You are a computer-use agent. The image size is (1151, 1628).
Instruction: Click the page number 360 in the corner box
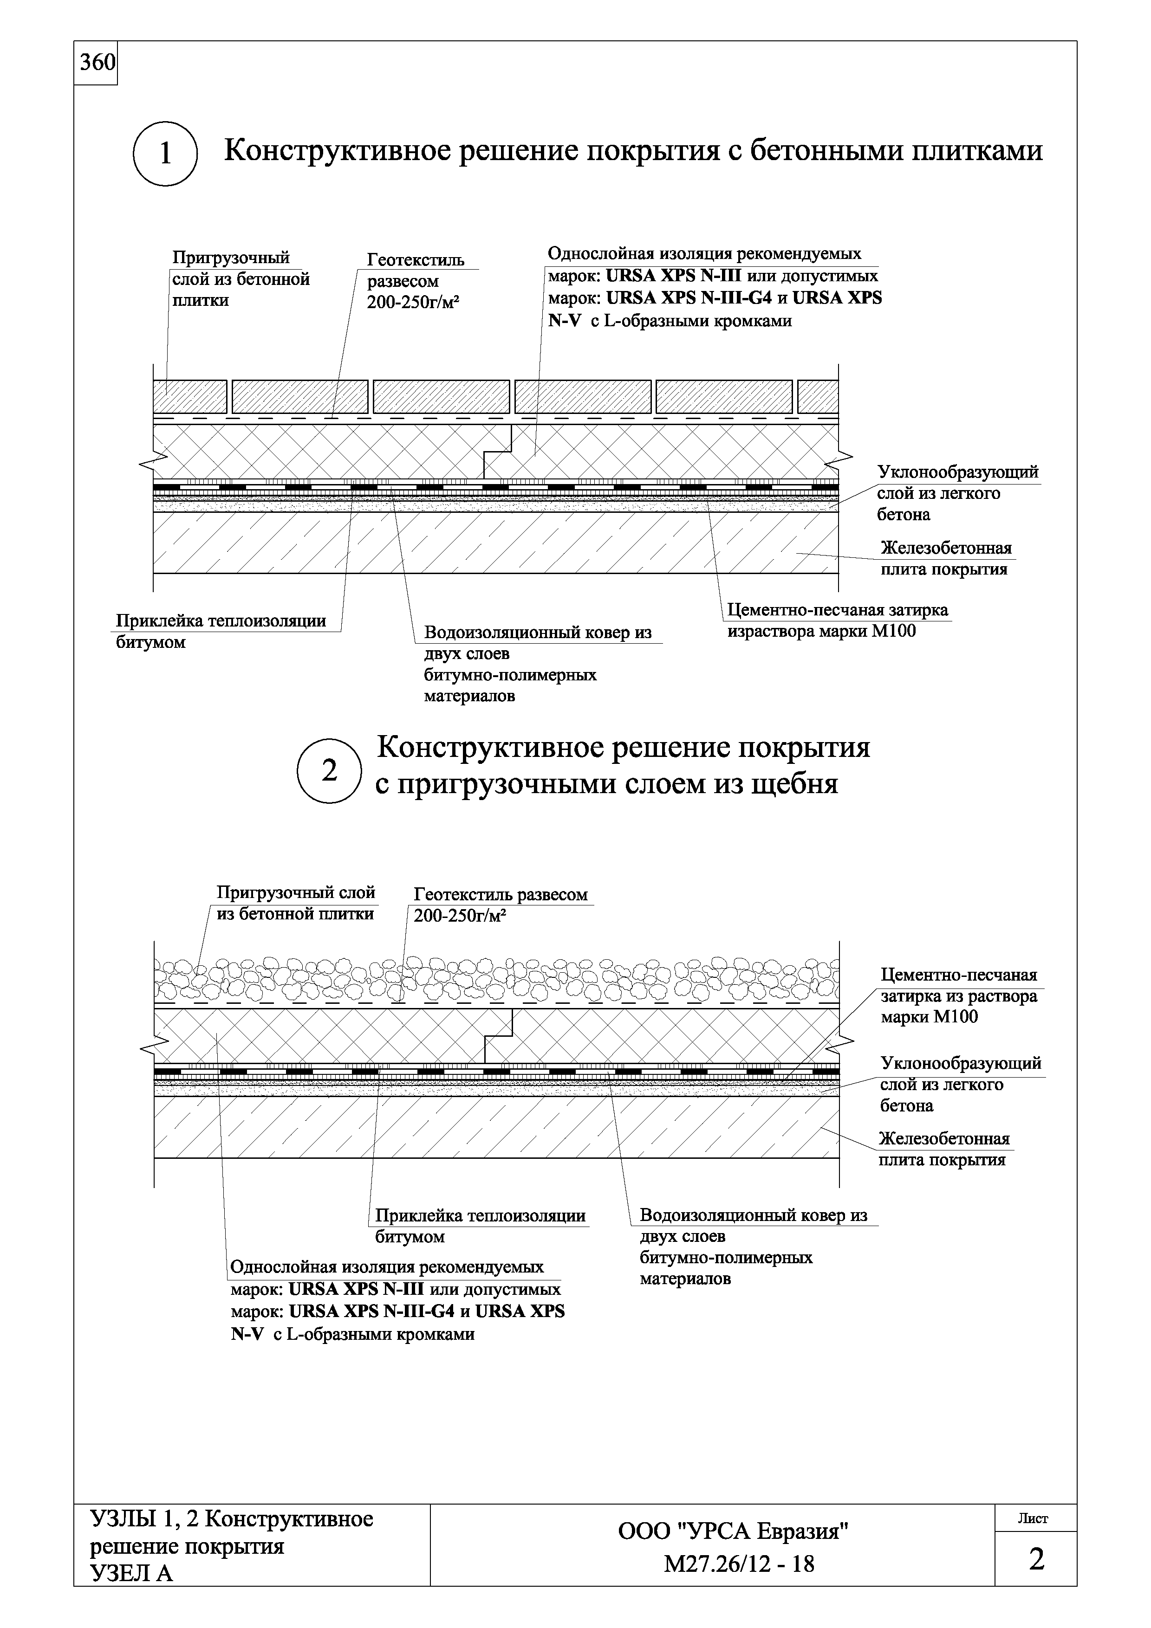(x=97, y=63)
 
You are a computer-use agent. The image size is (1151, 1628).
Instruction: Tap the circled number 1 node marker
(x=165, y=154)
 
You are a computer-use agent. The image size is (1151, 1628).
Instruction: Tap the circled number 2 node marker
(x=329, y=771)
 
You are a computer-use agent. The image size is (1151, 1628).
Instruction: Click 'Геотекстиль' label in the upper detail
(x=416, y=260)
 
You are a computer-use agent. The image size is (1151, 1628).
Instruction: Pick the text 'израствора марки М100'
(x=821, y=631)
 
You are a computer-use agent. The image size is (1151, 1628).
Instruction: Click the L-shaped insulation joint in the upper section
(x=498, y=451)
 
